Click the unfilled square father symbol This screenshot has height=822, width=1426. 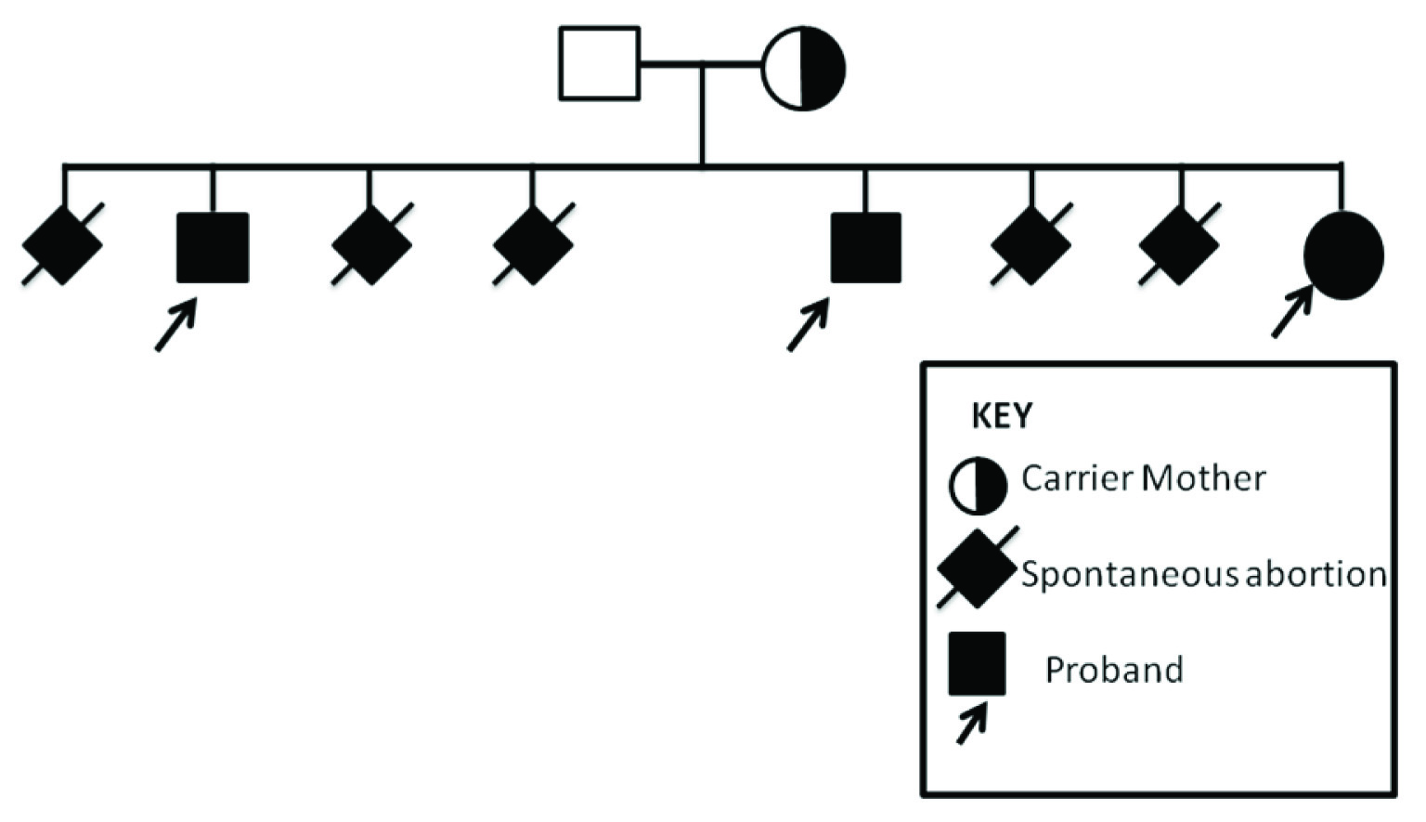pos(599,63)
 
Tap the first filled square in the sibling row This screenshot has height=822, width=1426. pos(213,247)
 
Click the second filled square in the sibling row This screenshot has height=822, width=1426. pos(865,247)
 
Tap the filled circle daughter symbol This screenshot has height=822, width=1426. pos(1343,254)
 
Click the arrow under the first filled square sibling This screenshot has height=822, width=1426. pos(175,325)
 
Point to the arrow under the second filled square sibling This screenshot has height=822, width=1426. pos(808,325)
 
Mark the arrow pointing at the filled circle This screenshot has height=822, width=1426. pos(1291,312)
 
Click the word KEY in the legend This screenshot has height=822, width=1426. pos(1001,416)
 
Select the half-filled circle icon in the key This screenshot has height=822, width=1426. pos(977,485)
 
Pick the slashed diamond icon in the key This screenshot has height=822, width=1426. pos(976,568)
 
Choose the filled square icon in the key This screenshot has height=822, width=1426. pos(977,663)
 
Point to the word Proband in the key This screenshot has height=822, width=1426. pos(1114,670)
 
